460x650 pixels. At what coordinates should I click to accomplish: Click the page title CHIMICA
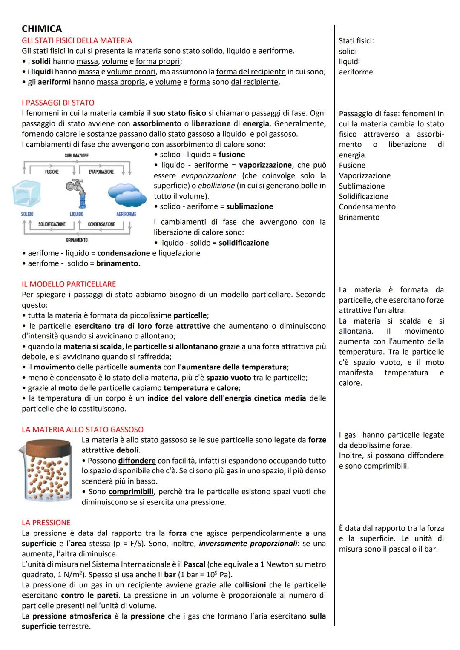point(42,29)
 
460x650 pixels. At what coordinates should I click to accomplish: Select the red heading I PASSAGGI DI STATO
point(58,103)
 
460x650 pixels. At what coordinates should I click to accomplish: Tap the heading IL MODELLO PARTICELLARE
point(69,284)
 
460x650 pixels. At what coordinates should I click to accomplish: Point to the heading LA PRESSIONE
point(46,522)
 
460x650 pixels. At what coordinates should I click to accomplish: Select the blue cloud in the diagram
point(124,194)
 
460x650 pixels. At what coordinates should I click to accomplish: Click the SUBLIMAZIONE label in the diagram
point(77,156)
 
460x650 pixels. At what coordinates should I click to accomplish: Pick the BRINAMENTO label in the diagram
point(77,240)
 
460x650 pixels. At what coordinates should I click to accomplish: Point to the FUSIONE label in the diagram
point(52,172)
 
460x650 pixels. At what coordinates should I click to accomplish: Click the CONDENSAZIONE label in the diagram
point(101,224)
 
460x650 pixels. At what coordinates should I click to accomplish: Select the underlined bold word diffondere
point(137,461)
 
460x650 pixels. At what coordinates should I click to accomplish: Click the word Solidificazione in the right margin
point(363,197)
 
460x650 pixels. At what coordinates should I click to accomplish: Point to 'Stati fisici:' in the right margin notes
point(356,41)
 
